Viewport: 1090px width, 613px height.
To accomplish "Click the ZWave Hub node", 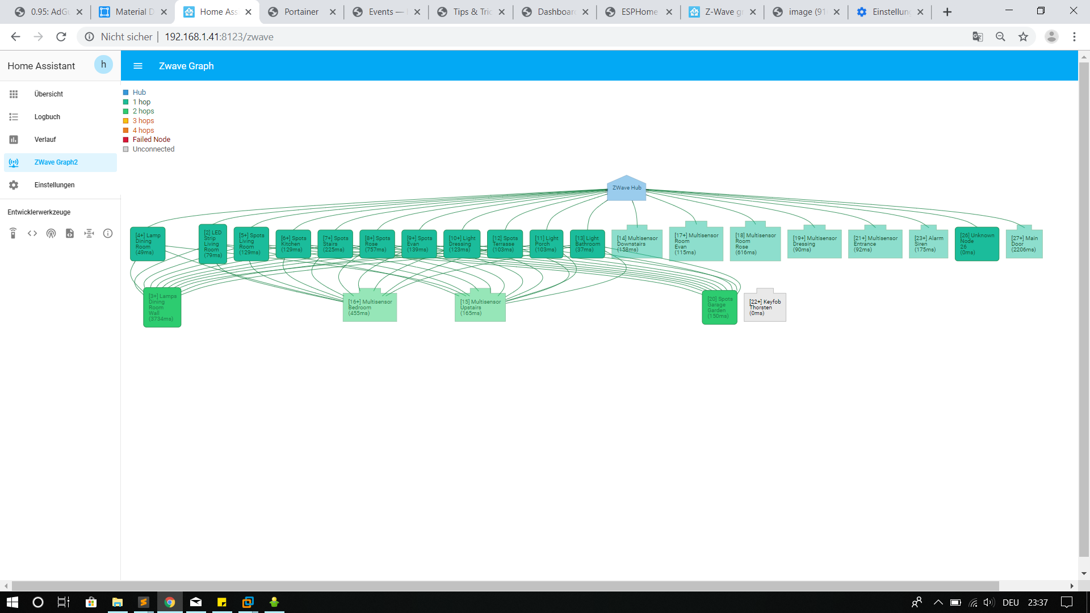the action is (x=626, y=188).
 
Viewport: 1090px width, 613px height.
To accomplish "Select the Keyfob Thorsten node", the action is (x=765, y=307).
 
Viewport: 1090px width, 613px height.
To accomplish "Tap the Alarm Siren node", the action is (x=928, y=244).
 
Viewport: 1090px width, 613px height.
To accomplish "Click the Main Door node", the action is (x=1024, y=244).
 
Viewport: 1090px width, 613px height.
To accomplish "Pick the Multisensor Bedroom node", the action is (x=370, y=308).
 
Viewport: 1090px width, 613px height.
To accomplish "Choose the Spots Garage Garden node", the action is (x=719, y=307).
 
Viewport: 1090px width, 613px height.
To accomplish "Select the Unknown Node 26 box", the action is (x=976, y=244).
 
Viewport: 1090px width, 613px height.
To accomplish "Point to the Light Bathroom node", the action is (x=587, y=244).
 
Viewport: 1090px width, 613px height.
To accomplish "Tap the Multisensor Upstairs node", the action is (x=480, y=308).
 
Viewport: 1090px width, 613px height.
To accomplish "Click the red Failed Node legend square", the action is (x=126, y=140).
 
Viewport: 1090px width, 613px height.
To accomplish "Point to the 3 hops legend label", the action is (x=143, y=121).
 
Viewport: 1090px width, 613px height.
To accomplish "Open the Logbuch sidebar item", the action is (x=47, y=117).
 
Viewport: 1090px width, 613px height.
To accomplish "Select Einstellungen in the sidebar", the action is (x=54, y=185).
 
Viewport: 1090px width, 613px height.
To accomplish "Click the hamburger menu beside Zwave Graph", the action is (x=138, y=66).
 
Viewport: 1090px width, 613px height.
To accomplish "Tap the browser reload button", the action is (x=61, y=37).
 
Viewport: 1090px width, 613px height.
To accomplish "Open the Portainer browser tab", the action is (x=301, y=12).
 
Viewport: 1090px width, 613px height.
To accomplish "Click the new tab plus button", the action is (x=947, y=12).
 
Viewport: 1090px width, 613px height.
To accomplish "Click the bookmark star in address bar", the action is (x=1023, y=37).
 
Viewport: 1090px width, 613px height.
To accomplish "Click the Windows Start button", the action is (x=12, y=602).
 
